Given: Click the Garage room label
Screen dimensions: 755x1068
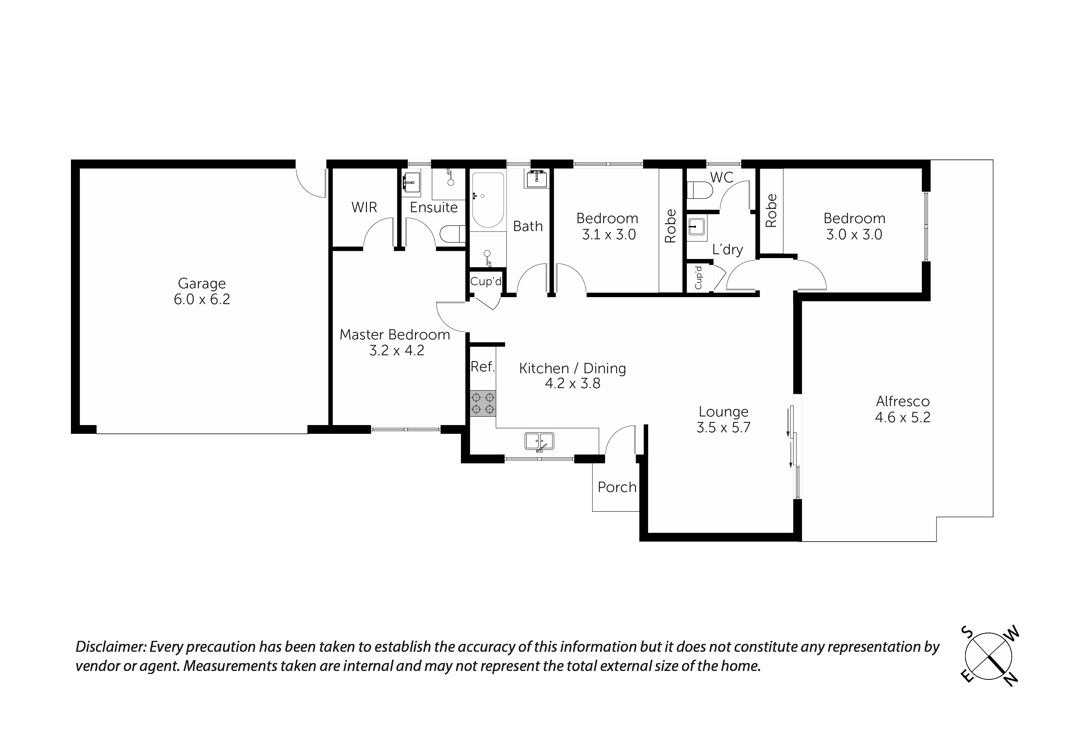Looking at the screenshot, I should [202, 283].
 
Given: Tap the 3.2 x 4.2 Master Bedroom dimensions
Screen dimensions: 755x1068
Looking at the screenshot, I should [396, 350].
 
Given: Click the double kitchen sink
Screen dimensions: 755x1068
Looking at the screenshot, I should [539, 440].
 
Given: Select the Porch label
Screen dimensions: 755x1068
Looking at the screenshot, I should [617, 487].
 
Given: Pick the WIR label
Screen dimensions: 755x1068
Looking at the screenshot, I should [364, 208].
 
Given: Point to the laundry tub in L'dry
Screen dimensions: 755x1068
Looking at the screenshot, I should [697, 227].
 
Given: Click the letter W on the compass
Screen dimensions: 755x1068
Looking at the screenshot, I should [1014, 633].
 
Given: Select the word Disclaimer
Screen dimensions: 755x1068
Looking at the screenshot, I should [111, 647].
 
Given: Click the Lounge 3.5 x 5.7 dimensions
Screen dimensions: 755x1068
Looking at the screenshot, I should [723, 427].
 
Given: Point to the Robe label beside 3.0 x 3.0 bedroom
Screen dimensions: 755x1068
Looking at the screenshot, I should [771, 210].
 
